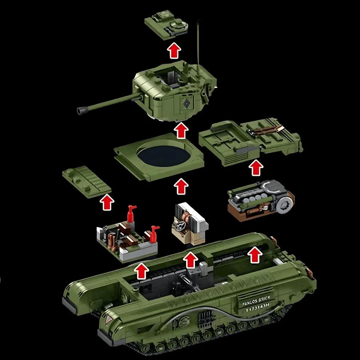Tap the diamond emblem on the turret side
point(186,103)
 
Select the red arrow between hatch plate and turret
point(175,51)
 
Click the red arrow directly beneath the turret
point(181,131)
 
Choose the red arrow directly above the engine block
point(257,168)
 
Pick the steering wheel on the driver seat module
point(179,226)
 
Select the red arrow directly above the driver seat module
point(181,186)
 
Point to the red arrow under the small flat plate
point(107,202)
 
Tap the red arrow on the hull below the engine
point(256,255)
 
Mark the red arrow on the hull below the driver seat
point(191,260)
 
